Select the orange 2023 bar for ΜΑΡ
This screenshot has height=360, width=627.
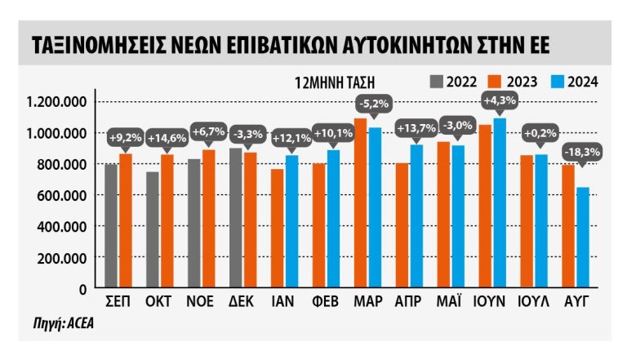click(x=361, y=203)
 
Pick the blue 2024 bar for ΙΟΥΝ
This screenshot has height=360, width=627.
click(x=498, y=203)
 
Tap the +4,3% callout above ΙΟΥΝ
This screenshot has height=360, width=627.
click(x=498, y=101)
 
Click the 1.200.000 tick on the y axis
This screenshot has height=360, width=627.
click(x=61, y=102)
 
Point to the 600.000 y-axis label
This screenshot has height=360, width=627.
click(x=67, y=195)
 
